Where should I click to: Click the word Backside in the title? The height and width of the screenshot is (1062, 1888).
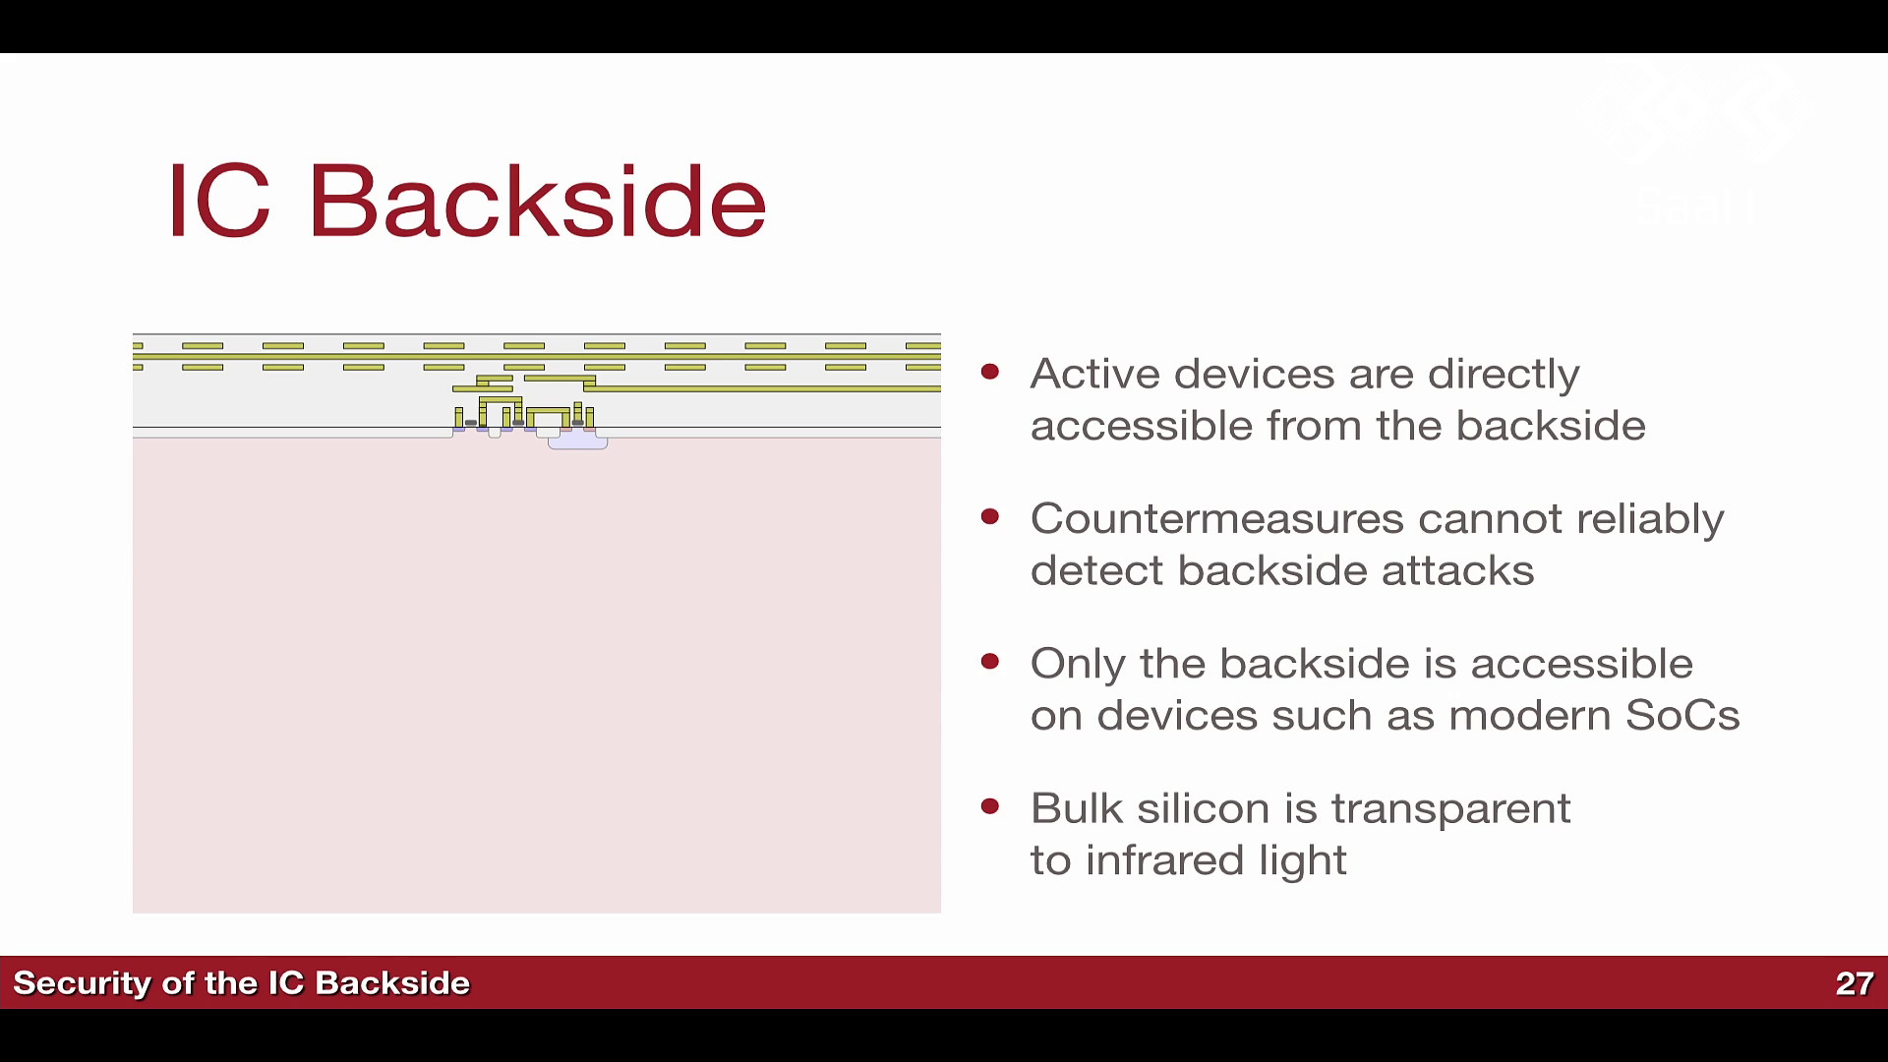(537, 201)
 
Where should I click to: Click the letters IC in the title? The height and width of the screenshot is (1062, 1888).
(218, 201)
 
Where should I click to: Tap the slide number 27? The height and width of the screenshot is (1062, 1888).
(1855, 983)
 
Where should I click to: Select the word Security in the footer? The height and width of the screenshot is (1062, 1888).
(82, 983)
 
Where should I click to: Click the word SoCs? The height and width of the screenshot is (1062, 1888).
(1682, 715)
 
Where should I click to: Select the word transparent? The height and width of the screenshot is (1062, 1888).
(1450, 809)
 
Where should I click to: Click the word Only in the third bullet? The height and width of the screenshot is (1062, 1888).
(1078, 664)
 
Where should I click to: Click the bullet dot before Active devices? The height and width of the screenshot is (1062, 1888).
(990, 372)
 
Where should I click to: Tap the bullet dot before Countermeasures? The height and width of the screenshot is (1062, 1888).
(990, 516)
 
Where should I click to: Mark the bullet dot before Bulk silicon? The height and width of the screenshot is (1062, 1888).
(990, 806)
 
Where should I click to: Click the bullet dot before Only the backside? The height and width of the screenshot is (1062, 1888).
(990, 662)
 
